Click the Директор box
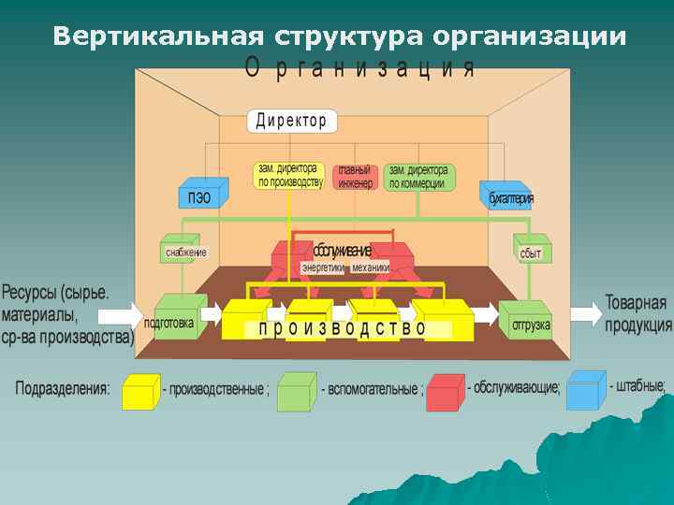coord(292,121)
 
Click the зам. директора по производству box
coord(289,176)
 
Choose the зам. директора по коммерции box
coord(418,176)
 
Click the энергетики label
coord(323,267)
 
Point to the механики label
coord(371,267)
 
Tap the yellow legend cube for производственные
coord(139,390)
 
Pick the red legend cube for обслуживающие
coord(445,391)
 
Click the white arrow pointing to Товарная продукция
coord(584,312)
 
